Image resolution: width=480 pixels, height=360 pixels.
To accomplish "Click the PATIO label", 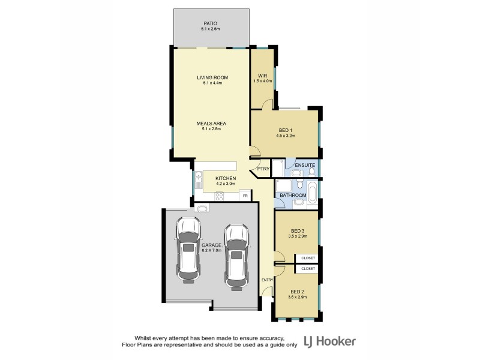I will click(210, 23).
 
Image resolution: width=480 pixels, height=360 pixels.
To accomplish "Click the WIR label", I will click(262, 75).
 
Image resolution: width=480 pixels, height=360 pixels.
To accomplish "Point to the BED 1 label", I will click(286, 130).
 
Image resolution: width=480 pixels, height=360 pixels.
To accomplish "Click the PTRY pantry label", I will click(263, 169).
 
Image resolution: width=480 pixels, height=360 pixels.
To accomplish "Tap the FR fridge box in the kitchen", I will click(245, 196).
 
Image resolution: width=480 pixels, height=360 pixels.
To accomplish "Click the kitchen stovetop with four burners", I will click(220, 196).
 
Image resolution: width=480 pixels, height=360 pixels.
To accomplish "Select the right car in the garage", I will click(236, 257).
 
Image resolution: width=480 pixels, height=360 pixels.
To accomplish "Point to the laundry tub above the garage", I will click(202, 209).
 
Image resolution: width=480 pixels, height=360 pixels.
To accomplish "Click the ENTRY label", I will click(267, 280).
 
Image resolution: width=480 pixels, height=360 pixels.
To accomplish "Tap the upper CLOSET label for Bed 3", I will click(308, 258).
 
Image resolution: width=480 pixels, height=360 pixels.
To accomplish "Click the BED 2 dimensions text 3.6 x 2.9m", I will click(298, 296).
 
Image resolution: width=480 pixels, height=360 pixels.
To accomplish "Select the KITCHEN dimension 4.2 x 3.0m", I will click(226, 184).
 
